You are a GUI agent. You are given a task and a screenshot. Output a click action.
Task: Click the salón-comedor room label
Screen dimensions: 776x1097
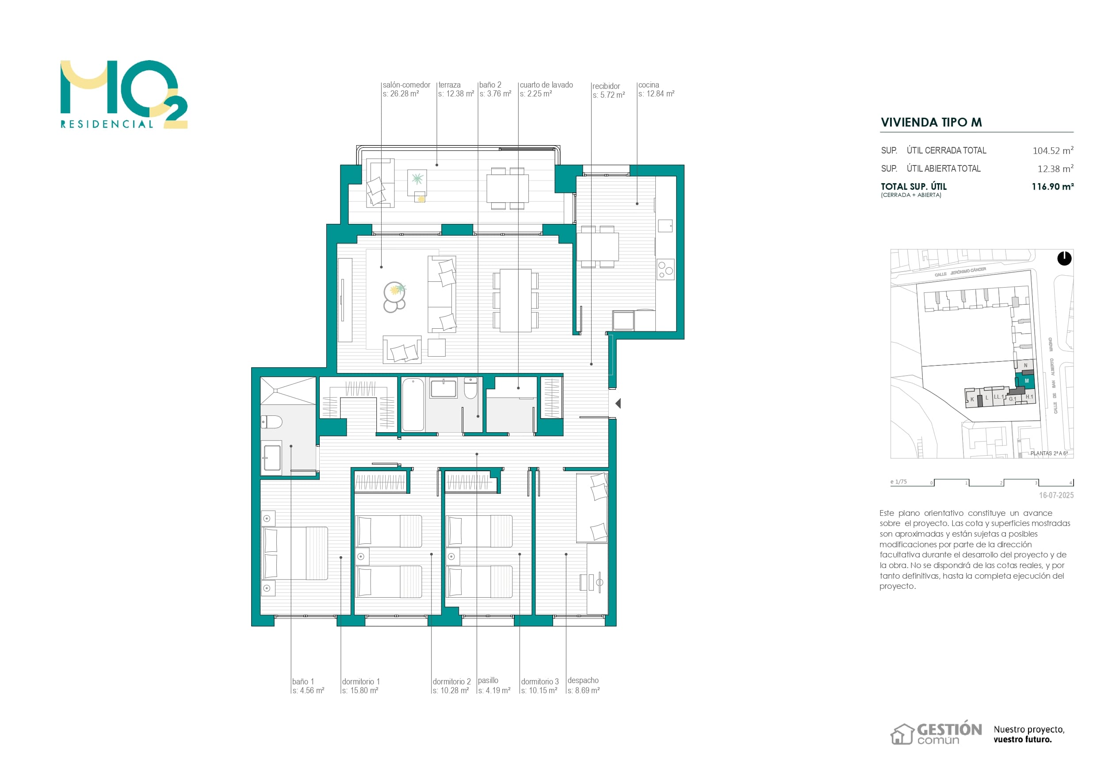click(x=406, y=85)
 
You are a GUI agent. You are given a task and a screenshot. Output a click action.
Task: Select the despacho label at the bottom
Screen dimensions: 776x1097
click(x=583, y=680)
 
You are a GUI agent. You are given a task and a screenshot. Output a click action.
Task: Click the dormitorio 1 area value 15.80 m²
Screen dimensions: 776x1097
click(x=360, y=691)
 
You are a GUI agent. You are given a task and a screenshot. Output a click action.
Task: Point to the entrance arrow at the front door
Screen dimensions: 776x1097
click(x=618, y=403)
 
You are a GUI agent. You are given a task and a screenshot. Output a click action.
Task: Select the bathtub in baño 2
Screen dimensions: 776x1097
click(x=413, y=404)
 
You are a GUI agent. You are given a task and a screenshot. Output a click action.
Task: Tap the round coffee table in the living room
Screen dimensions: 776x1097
click(x=394, y=291)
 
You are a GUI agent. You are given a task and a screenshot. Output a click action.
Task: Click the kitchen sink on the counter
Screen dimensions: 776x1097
click(x=665, y=226)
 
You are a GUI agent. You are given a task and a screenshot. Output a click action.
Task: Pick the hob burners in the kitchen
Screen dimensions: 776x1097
click(x=665, y=270)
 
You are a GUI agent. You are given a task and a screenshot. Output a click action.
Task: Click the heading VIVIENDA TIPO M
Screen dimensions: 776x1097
click(x=931, y=123)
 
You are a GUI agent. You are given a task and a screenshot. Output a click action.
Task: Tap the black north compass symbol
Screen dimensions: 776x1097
click(x=1064, y=259)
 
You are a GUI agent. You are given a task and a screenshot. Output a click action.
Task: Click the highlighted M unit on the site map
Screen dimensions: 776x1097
click(x=1026, y=381)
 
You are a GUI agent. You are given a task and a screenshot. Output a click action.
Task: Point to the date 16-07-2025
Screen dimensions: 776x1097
click(x=1056, y=496)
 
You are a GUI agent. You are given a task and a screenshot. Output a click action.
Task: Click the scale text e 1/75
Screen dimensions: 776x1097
click(x=898, y=482)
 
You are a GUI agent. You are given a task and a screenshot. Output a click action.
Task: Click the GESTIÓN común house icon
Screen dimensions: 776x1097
click(x=902, y=734)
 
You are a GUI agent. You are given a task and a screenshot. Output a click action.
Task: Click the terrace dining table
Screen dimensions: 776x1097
click(x=508, y=188)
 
